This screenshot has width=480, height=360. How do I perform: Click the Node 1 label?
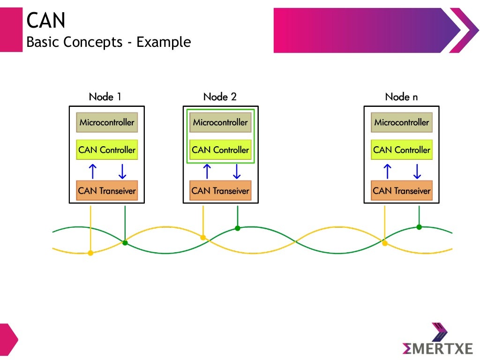[x=105, y=97]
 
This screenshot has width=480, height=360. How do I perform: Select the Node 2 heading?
[x=220, y=97]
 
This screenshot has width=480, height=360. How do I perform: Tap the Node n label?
[x=401, y=97]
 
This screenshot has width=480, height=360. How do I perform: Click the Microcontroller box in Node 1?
[x=107, y=123]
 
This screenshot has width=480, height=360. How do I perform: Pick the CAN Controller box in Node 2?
[x=220, y=150]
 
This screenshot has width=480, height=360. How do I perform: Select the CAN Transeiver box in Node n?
[x=402, y=191]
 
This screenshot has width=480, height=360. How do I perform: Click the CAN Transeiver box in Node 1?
[x=107, y=191]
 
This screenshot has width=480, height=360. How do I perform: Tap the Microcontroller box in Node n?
[x=402, y=123]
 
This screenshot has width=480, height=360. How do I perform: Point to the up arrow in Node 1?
[x=93, y=171]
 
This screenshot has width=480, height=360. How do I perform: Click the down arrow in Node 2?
[x=236, y=171]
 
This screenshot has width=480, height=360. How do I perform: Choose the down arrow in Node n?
[x=417, y=171]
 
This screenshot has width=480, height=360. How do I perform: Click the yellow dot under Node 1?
[x=90, y=253]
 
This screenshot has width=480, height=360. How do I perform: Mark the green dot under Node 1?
[x=125, y=242]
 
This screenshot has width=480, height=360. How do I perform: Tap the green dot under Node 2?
[x=238, y=228]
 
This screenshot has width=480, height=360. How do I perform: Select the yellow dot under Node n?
[x=385, y=243]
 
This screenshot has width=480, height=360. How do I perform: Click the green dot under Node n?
[x=419, y=227]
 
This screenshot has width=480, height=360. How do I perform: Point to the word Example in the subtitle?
[x=164, y=42]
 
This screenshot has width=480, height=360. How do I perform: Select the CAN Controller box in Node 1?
[x=107, y=150]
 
